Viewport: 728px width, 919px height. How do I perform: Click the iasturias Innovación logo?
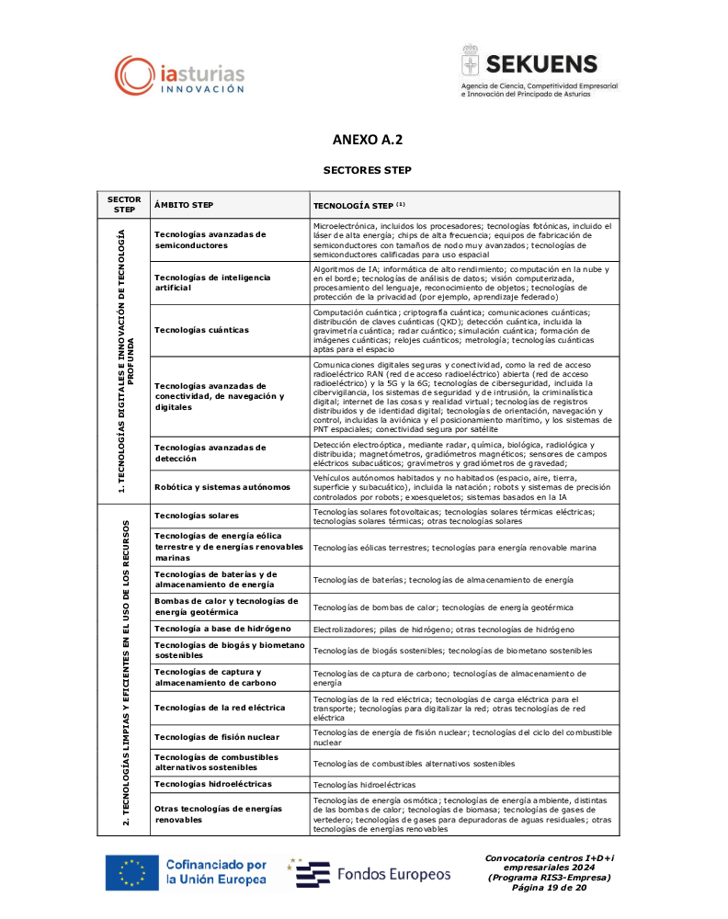[x=179, y=74]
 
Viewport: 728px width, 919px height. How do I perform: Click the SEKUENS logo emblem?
[x=471, y=63]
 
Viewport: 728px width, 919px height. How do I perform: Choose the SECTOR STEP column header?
[x=124, y=204]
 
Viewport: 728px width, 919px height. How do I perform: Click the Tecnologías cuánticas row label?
[x=201, y=329]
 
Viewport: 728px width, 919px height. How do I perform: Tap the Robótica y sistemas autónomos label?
[x=222, y=486]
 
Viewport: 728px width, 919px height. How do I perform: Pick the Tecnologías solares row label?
[x=197, y=516]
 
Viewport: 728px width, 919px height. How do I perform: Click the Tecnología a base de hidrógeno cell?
[x=223, y=629]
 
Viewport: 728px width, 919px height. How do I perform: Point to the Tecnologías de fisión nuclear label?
[x=215, y=737]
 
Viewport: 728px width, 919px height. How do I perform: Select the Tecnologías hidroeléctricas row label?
[x=213, y=784]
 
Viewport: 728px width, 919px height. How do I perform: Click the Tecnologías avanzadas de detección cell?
[x=210, y=452]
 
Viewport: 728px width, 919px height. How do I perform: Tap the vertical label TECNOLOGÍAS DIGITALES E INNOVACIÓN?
[x=126, y=359]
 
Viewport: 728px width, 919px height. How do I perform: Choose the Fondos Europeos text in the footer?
[x=393, y=873]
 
